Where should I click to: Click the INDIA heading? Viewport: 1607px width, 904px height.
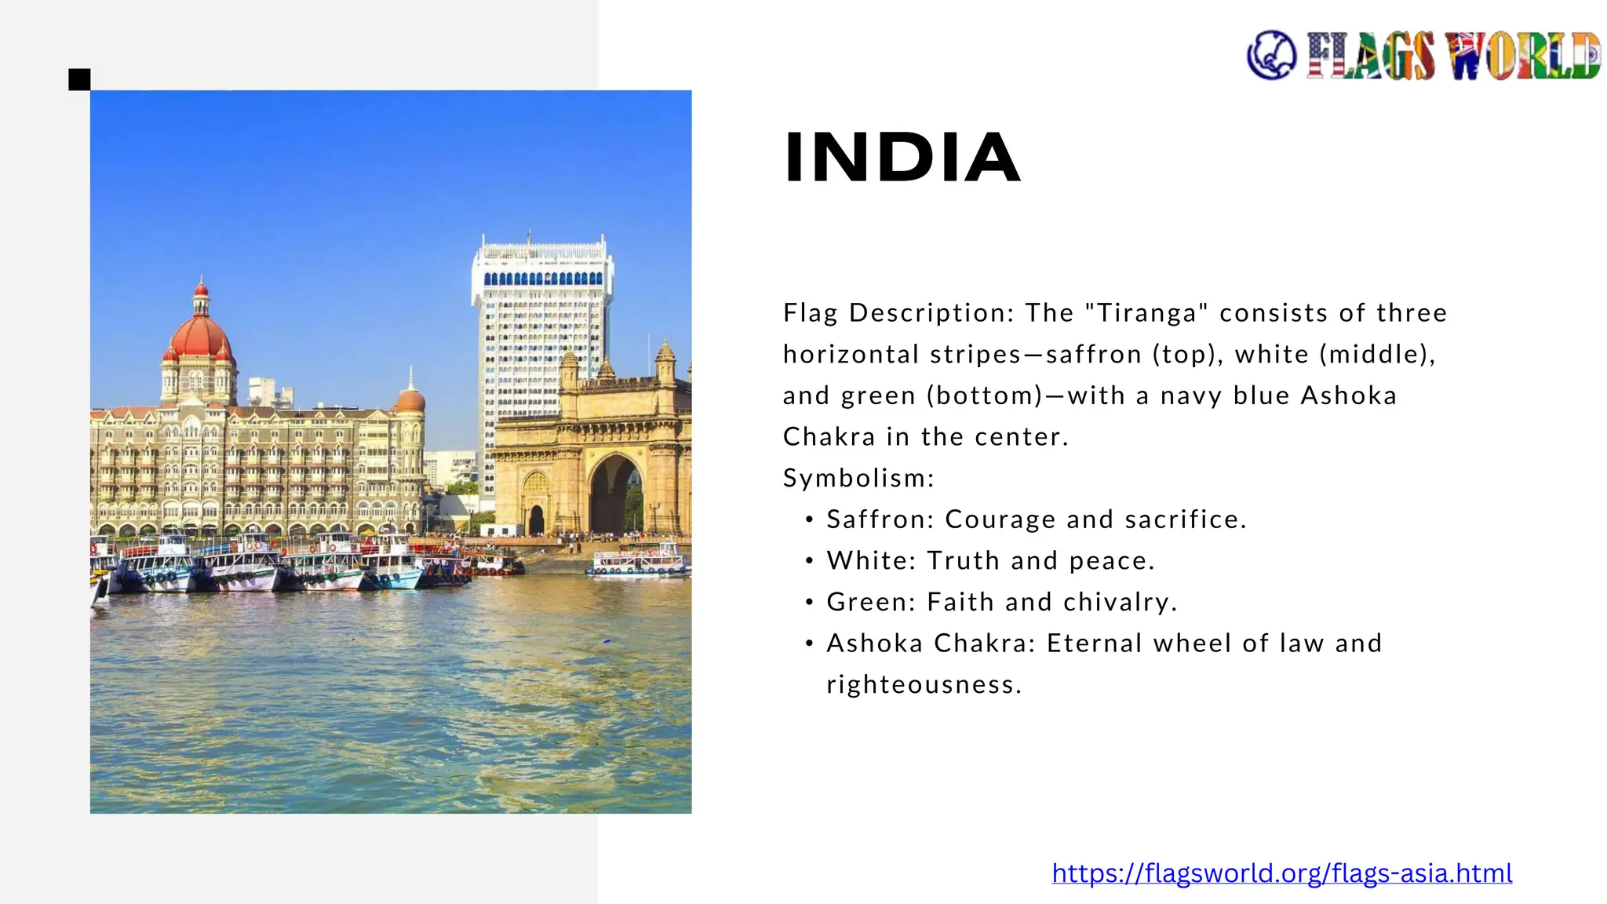[x=902, y=158]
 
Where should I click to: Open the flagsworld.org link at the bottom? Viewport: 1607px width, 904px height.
[x=1281, y=873]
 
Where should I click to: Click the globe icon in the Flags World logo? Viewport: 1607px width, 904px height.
[x=1271, y=55]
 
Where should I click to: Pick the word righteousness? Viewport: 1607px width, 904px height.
[x=924, y=685]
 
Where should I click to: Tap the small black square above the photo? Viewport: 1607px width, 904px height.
[x=79, y=79]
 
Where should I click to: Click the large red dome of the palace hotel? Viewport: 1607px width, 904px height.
[x=200, y=336]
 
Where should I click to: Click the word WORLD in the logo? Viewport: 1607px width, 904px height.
[x=1522, y=56]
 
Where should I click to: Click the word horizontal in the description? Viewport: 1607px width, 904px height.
[x=851, y=355]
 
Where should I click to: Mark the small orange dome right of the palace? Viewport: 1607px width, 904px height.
[x=410, y=400]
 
